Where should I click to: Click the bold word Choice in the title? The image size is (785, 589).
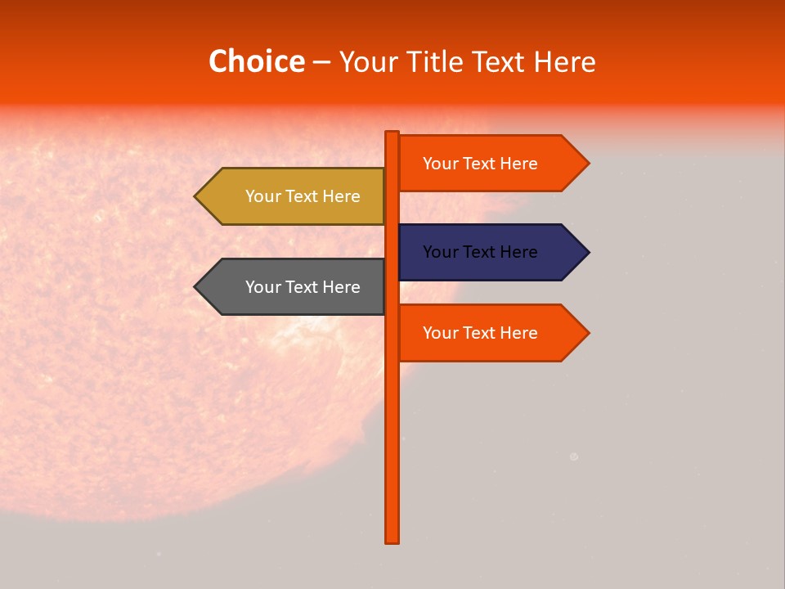pos(256,61)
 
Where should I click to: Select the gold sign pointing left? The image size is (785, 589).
pos(294,196)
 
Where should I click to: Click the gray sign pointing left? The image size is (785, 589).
pos(294,287)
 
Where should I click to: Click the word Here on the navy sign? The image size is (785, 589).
pos(518,252)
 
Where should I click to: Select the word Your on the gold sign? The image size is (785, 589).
pos(263,196)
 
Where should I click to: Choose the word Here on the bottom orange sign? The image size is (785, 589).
pos(518,333)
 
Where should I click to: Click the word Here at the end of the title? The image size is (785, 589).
pos(564,61)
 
